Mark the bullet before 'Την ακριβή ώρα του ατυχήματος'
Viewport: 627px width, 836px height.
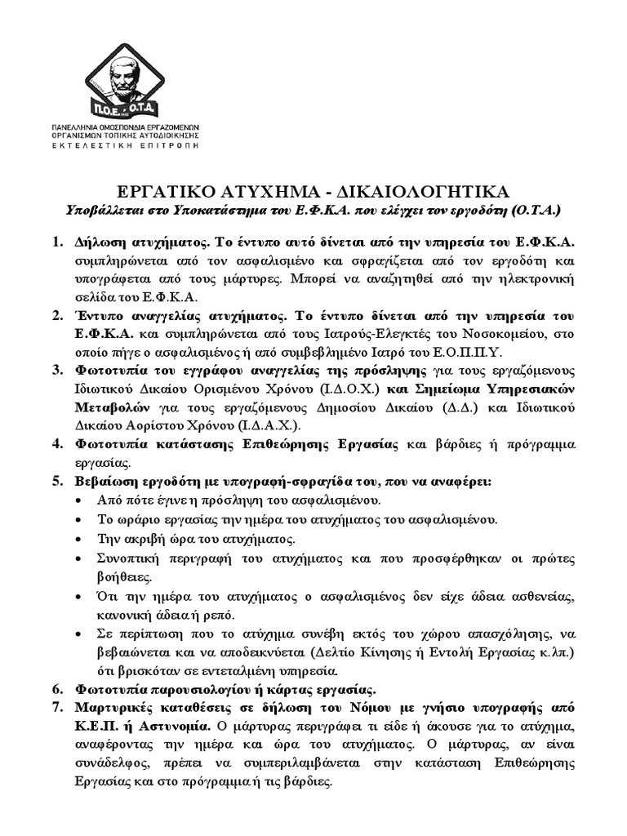[x=78, y=540]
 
